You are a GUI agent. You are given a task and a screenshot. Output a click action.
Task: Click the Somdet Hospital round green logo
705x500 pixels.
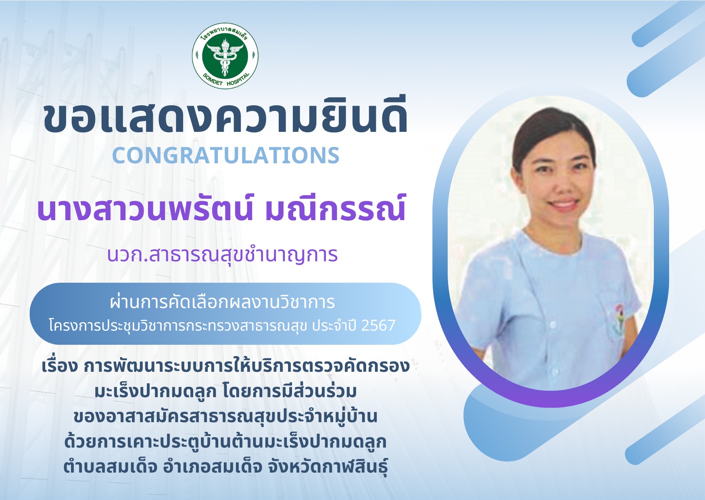click(x=225, y=55)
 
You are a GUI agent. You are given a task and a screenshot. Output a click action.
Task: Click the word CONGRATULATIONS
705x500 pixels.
click(x=226, y=156)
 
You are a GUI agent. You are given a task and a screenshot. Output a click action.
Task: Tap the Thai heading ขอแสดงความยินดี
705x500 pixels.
click(x=225, y=116)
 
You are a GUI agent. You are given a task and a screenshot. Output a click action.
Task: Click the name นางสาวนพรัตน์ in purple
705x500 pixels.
click(x=145, y=208)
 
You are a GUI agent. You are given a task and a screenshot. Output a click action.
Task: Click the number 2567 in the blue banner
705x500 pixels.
click(x=378, y=325)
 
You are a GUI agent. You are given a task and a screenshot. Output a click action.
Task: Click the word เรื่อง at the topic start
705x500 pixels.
click(x=59, y=366)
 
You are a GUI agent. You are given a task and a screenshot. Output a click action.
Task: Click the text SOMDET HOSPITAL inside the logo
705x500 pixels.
click(x=225, y=80)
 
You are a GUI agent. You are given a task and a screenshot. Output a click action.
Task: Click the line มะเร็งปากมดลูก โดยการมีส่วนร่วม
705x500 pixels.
click(x=226, y=391)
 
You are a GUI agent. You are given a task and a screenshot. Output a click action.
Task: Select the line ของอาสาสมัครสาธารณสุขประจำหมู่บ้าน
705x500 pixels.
click(x=225, y=417)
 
